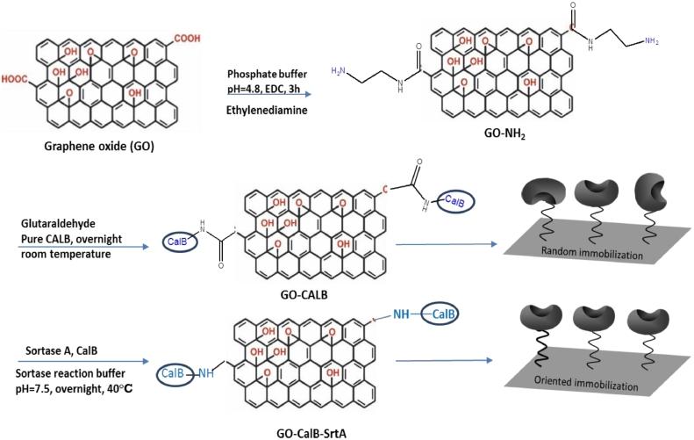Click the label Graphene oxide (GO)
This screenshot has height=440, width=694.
(98, 146)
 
